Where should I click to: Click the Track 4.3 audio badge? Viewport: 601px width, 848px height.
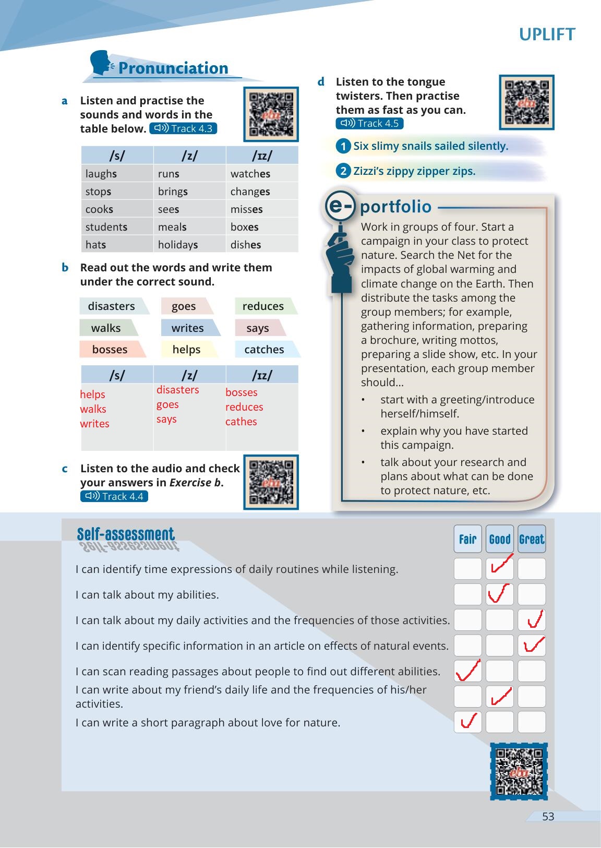click(183, 129)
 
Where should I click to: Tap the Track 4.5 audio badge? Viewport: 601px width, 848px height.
click(369, 124)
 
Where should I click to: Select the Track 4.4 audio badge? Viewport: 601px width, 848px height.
click(114, 496)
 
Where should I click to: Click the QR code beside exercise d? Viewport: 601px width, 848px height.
click(526, 102)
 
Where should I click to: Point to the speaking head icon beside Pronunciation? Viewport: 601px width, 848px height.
click(102, 63)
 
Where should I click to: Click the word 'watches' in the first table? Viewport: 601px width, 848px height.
click(250, 174)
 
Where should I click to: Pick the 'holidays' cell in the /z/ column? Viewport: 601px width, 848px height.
click(178, 245)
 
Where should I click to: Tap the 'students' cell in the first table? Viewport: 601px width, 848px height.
click(106, 227)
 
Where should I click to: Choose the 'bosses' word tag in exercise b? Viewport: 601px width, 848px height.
click(110, 350)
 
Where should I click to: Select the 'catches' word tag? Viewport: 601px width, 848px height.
click(265, 350)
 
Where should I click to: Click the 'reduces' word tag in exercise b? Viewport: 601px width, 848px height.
click(263, 306)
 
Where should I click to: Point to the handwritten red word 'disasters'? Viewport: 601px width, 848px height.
click(178, 390)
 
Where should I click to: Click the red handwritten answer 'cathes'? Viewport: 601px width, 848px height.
click(241, 422)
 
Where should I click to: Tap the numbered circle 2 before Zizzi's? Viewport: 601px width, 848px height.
click(343, 171)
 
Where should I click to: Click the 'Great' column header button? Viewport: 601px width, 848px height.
click(532, 539)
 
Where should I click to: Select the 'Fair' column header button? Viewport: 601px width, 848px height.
click(468, 539)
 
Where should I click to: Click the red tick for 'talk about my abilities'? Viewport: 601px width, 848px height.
click(500, 593)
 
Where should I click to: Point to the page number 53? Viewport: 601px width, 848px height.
click(548, 817)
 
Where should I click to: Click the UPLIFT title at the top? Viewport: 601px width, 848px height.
click(547, 34)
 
